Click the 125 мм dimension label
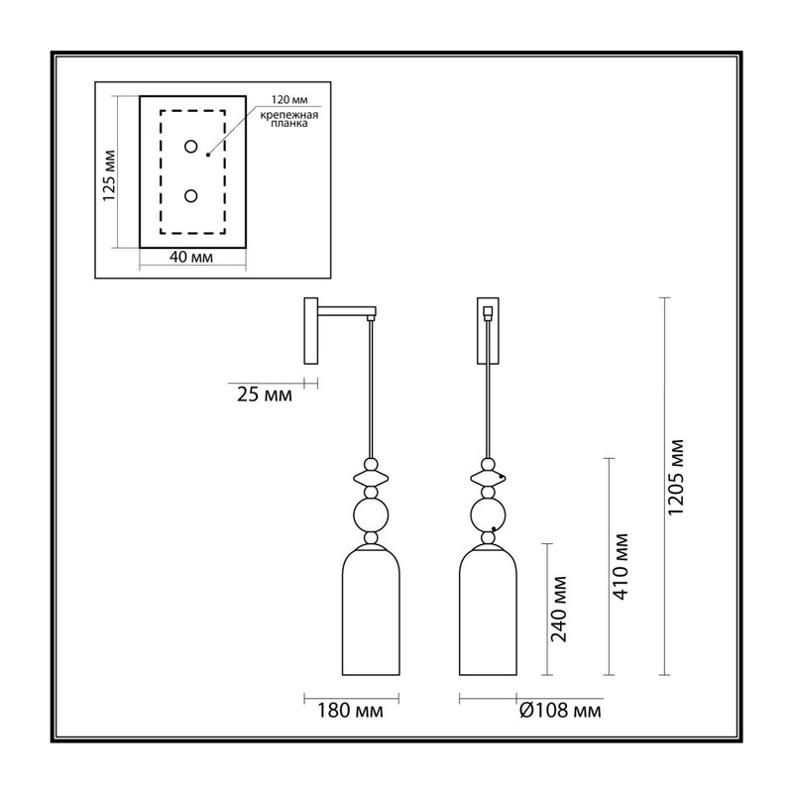pyautogui.click(x=110, y=175)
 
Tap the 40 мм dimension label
pyautogui.click(x=191, y=257)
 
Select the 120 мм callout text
pyautogui.click(x=289, y=100)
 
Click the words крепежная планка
pyautogui.click(x=289, y=119)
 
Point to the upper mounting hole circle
pyautogui.click(x=190, y=147)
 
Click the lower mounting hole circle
pyautogui.click(x=190, y=195)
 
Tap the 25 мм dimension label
pyautogui.click(x=265, y=395)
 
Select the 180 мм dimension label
pyautogui.click(x=350, y=711)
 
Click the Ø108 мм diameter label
pyautogui.click(x=560, y=711)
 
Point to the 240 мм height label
pyautogui.click(x=559, y=609)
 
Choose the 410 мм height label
pyautogui.click(x=621, y=566)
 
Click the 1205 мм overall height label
pyautogui.click(x=676, y=478)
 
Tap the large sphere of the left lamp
pyautogui.click(x=371, y=515)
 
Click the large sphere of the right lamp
pyautogui.click(x=488, y=515)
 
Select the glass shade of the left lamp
pyautogui.click(x=371, y=611)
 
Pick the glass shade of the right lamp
pyautogui.click(x=488, y=611)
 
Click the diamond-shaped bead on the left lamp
pyautogui.click(x=371, y=478)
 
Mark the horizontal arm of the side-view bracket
pyautogui.click(x=347, y=311)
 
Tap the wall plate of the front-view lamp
pyautogui.click(x=488, y=331)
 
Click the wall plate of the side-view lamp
pyautogui.click(x=310, y=331)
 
